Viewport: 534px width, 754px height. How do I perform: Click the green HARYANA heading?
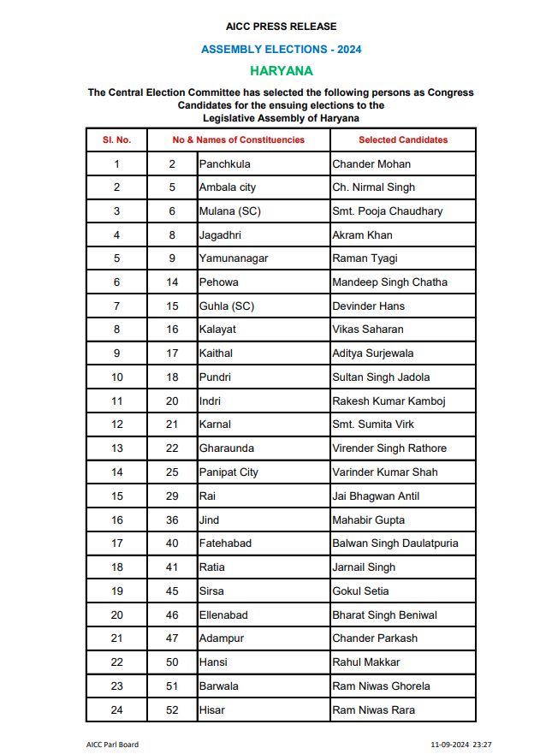click(281, 70)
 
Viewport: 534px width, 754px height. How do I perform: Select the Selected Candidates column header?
click(402, 140)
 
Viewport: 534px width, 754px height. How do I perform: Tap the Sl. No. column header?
click(116, 140)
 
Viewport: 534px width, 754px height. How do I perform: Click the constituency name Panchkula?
click(224, 163)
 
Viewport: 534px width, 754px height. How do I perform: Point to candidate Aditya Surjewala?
click(374, 353)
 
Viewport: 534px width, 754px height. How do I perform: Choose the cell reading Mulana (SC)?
click(229, 211)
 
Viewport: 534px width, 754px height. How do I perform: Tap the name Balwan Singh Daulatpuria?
click(395, 543)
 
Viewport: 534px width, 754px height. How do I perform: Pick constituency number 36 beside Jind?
click(172, 519)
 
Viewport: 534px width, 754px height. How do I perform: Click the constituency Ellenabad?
click(224, 614)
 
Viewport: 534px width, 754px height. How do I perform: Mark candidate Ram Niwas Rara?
click(373, 709)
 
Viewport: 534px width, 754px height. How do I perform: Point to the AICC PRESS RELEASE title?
click(281, 27)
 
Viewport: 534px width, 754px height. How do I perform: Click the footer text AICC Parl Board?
click(112, 745)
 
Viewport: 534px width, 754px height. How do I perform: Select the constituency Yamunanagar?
click(233, 258)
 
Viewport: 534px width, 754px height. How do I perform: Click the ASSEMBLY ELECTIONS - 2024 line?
click(281, 50)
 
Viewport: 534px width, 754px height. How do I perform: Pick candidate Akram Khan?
click(362, 235)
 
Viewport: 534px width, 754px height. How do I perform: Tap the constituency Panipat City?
click(228, 472)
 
